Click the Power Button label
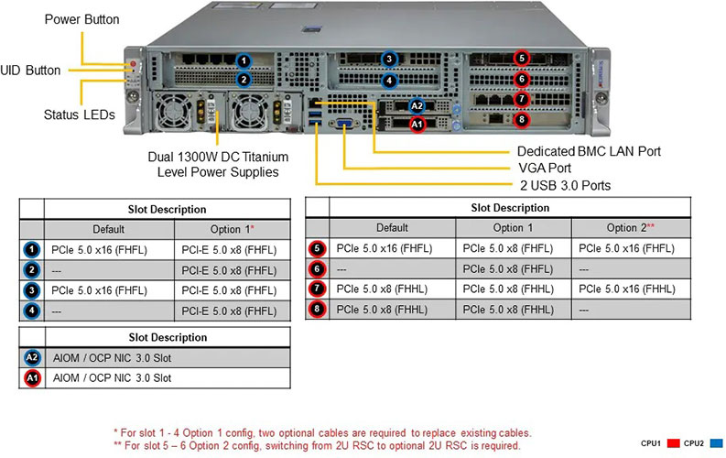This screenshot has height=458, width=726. (81, 18)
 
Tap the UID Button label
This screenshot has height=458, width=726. (31, 70)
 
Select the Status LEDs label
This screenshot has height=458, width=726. (79, 114)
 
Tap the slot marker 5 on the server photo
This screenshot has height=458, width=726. (522, 58)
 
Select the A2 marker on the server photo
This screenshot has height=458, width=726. (417, 105)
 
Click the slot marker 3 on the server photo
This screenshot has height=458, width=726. (389, 60)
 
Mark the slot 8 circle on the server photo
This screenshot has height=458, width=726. (522, 119)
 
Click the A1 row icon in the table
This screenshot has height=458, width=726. (32, 377)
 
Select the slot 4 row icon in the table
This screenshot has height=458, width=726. (32, 311)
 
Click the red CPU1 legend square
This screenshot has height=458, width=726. (673, 443)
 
